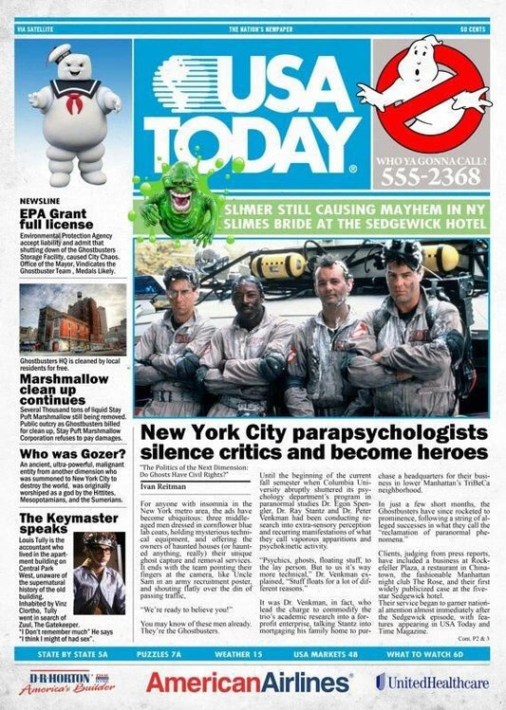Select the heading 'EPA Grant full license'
click(x=58, y=219)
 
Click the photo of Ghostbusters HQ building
click(x=72, y=321)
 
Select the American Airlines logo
click(x=249, y=682)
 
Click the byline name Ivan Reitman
click(x=162, y=485)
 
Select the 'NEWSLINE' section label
click(x=43, y=202)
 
